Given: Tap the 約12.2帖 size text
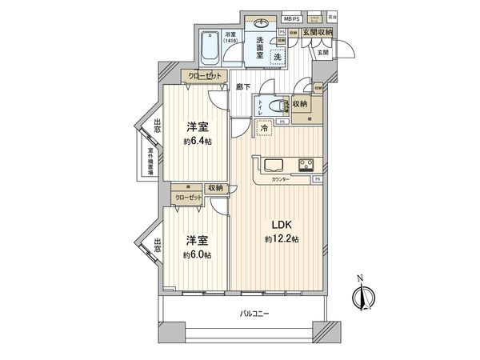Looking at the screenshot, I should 282,239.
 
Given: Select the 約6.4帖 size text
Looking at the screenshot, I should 196,142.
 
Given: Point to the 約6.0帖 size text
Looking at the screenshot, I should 196,254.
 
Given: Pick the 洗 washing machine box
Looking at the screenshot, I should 275,57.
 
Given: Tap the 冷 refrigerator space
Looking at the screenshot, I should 263,126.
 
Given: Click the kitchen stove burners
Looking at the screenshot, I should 306,166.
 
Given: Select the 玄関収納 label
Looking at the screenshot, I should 317,32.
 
